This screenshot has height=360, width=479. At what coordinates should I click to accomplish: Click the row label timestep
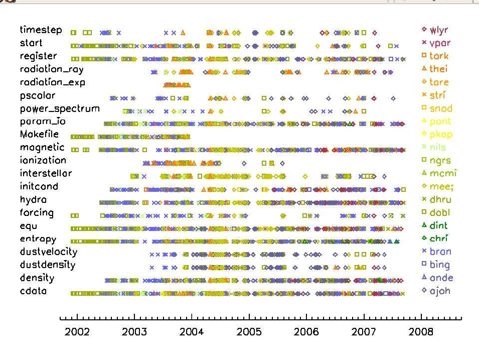point(41,30)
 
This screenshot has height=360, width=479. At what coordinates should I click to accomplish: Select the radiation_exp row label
point(53,82)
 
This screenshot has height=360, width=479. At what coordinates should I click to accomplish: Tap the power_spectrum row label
point(60,108)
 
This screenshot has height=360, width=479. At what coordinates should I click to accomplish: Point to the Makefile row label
point(39,135)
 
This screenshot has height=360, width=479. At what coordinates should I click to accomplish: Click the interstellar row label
point(46,173)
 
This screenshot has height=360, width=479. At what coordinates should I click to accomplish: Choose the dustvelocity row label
point(48,252)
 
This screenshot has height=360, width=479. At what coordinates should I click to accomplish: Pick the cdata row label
point(33,291)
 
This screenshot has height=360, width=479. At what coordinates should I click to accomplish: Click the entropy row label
point(38,239)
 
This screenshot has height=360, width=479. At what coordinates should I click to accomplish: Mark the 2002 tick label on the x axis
point(77,332)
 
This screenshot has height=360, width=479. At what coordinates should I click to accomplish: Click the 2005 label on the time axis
point(249,332)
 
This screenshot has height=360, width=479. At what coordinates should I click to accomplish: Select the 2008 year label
point(421,332)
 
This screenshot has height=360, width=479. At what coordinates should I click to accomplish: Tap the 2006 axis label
point(306,332)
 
